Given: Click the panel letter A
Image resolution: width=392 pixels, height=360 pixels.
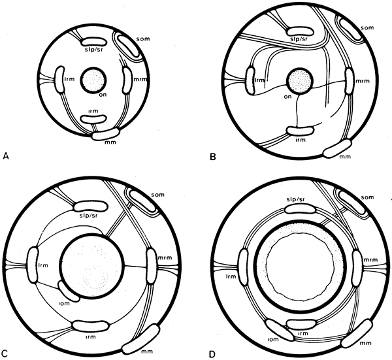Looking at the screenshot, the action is pyautogui.click(x=6, y=157).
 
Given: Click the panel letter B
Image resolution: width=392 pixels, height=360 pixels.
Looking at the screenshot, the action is pyautogui.click(x=213, y=157).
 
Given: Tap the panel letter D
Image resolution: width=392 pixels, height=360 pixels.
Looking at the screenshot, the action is pyautogui.click(x=212, y=354).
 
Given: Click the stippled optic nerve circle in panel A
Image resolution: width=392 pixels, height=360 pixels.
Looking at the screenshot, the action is pyautogui.click(x=93, y=80).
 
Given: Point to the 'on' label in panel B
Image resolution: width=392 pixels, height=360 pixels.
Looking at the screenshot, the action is pyautogui.click(x=287, y=96).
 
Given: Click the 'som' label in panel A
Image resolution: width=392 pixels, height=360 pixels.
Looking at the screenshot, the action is pyautogui.click(x=144, y=39).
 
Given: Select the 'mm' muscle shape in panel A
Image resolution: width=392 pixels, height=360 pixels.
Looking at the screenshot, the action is pyautogui.click(x=105, y=134).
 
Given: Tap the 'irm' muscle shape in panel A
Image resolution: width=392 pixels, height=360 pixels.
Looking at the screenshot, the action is pyautogui.click(x=93, y=119).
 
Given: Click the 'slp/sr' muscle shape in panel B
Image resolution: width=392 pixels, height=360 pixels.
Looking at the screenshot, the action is pyautogui.click(x=300, y=31).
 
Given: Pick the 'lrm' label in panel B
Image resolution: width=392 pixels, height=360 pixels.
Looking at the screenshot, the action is pyautogui.click(x=259, y=80).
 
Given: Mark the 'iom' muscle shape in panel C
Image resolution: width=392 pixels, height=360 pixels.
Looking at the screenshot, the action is pyautogui.click(x=68, y=291).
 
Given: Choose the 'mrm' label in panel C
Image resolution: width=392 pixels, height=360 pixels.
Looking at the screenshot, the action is pyautogui.click(x=165, y=257).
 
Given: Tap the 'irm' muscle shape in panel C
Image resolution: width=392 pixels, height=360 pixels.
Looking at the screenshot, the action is pyautogui.click(x=91, y=325).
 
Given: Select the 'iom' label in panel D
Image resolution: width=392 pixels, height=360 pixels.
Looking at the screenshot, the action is pyautogui.click(x=272, y=339).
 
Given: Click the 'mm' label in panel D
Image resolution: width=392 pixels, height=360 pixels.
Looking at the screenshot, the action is pyautogui.click(x=365, y=343).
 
